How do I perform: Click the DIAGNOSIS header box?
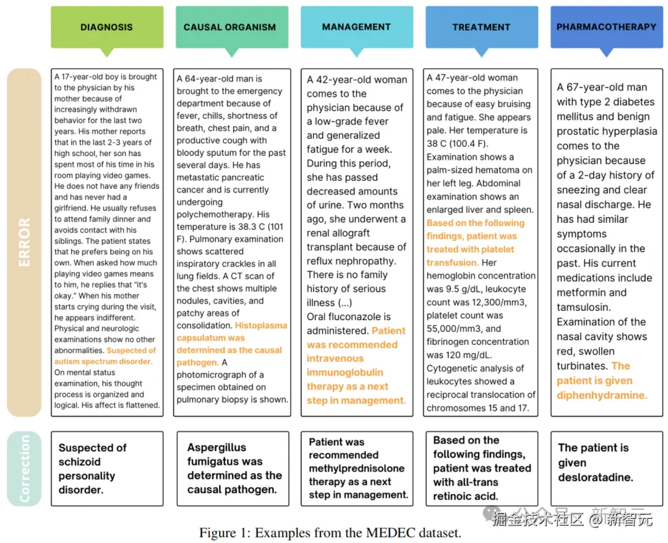pos(107,27)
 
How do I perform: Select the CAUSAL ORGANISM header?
pos(229,27)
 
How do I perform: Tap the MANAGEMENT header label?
pos(356,27)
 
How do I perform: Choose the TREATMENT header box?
pos(481,27)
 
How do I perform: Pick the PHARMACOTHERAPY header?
pos(606,27)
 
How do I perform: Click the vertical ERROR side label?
pos(24,242)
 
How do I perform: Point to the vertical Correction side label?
pos(24,468)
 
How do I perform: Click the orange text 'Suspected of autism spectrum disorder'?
pos(103,356)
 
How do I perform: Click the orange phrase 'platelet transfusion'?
pos(470,256)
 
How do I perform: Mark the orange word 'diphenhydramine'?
pos(601,395)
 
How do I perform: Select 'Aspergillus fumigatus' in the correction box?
pos(216,454)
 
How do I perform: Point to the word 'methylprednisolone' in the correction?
pos(357,468)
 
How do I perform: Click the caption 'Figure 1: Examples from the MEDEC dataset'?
pos(330,532)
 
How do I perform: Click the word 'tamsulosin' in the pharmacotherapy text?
pos(583,307)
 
